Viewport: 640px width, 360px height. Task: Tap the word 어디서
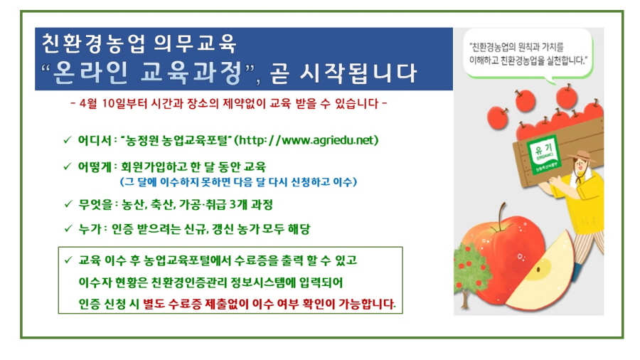(95, 140)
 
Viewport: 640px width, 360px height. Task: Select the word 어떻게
(95, 166)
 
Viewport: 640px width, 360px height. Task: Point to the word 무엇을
(95, 204)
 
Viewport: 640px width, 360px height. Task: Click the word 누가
(90, 228)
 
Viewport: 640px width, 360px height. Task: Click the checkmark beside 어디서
(68, 140)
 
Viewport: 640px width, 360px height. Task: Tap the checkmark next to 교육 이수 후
(68, 260)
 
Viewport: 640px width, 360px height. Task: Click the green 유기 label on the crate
(543, 155)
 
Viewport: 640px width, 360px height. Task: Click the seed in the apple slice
(538, 270)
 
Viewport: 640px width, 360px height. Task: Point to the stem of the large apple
(501, 216)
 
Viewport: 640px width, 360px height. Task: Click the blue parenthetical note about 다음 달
(239, 181)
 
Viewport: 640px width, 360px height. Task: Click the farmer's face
(580, 165)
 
